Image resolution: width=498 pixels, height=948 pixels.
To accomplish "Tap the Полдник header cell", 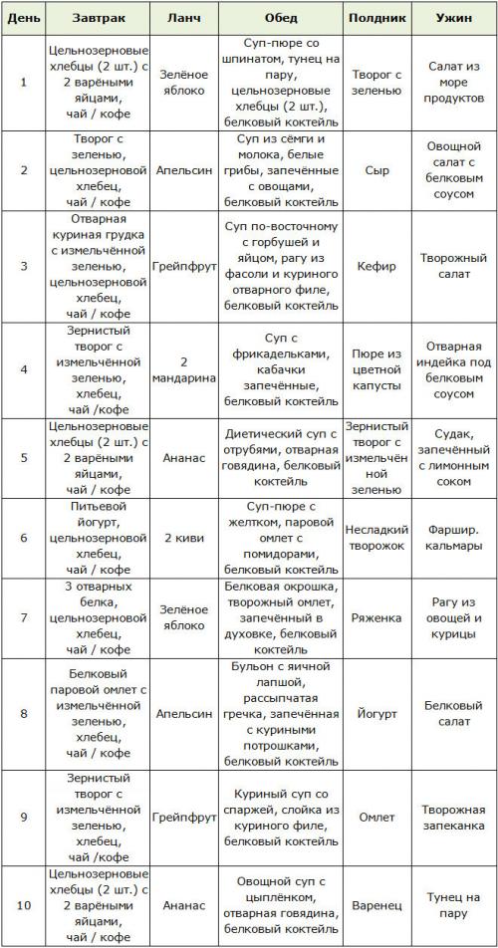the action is [x=376, y=18].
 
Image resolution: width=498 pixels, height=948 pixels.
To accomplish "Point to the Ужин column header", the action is [x=453, y=18].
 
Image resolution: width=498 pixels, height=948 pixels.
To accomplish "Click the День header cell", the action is [x=23, y=18].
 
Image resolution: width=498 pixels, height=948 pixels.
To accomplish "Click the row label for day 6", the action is [x=23, y=539].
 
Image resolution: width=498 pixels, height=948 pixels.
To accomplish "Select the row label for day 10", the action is [x=23, y=906].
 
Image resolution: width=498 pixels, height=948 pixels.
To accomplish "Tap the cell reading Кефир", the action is [x=376, y=267].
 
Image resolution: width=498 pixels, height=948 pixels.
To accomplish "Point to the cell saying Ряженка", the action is [x=376, y=617].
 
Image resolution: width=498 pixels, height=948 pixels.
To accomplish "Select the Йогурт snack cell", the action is [x=376, y=714].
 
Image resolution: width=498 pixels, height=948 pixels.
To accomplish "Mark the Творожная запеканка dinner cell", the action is [x=453, y=818].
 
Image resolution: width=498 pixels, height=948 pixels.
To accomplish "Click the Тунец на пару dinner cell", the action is [x=453, y=906].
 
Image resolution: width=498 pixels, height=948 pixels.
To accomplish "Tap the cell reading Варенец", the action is [x=376, y=906].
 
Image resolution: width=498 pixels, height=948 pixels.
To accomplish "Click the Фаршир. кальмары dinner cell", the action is [x=453, y=539].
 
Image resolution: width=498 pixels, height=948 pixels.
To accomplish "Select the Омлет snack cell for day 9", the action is [x=376, y=818].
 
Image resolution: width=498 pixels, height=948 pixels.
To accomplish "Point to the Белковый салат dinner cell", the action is [x=453, y=714].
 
